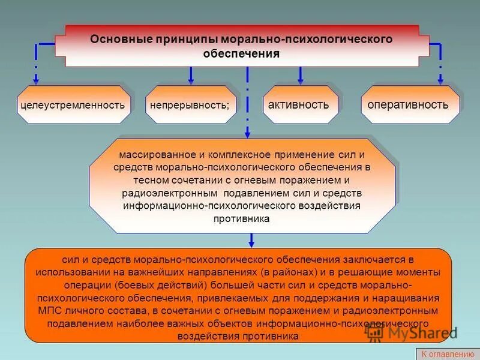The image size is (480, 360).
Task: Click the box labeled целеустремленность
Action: pyautogui.click(x=73, y=105)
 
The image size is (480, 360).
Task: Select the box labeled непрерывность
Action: pyautogui.click(x=190, y=105)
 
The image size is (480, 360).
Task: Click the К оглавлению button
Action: pyautogui.click(x=447, y=354)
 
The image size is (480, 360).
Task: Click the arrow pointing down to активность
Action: pyautogui.click(x=300, y=75)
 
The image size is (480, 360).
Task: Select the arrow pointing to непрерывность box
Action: pyautogui.click(x=191, y=75)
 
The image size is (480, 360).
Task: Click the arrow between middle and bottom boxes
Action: pyautogui.click(x=251, y=240)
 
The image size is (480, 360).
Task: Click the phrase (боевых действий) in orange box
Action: pyautogui.click(x=162, y=284)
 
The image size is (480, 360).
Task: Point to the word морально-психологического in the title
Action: pyautogui.click(x=307, y=39)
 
